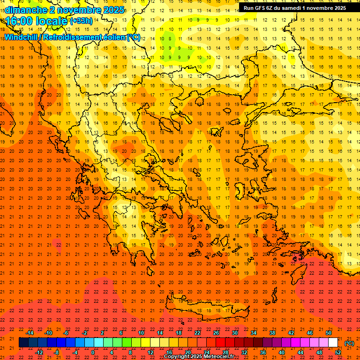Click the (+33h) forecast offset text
(81, 21)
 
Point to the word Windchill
(22, 37)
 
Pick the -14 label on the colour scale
(30, 333)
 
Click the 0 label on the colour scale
(93, 352)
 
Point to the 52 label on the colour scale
(338, 352)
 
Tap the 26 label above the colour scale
(216, 333)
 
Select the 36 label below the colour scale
(263, 352)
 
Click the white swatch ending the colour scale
(333, 343)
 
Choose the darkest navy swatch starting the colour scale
(23, 343)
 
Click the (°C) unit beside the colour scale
(349, 343)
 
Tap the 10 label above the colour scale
(141, 333)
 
